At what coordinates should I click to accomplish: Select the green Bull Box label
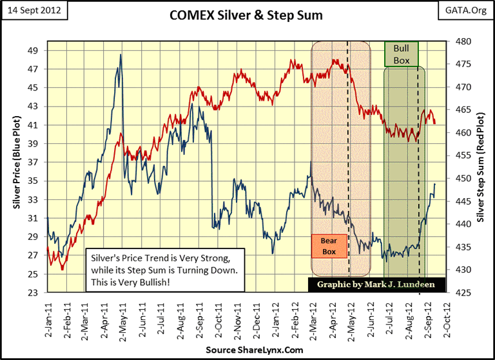(x=402, y=54)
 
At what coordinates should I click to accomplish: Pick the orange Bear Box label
(x=329, y=246)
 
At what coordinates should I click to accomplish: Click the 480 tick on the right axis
(x=462, y=41)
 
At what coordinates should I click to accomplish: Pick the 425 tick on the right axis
(x=462, y=293)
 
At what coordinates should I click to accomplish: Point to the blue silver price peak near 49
(x=121, y=55)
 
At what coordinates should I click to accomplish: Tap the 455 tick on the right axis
(x=462, y=155)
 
